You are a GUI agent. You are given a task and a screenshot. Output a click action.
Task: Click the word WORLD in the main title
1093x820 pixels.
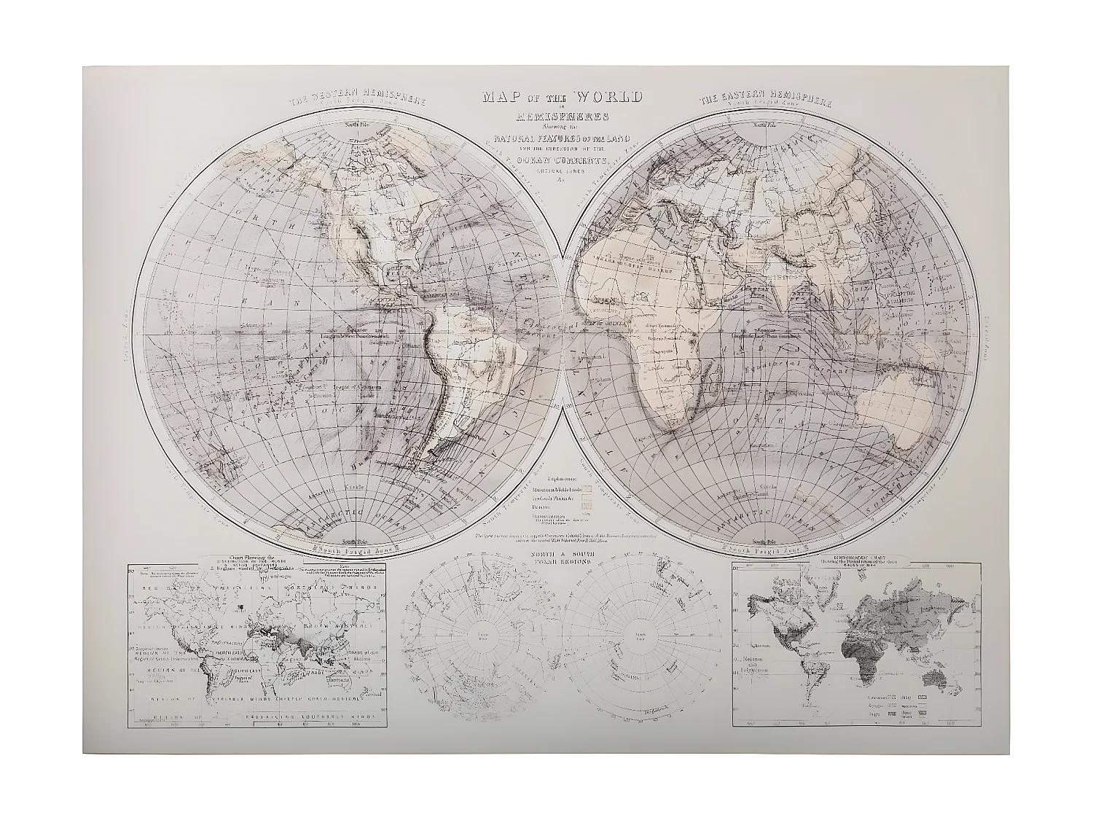(608, 97)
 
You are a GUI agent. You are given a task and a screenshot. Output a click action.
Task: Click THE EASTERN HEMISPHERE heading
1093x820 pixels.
(766, 101)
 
